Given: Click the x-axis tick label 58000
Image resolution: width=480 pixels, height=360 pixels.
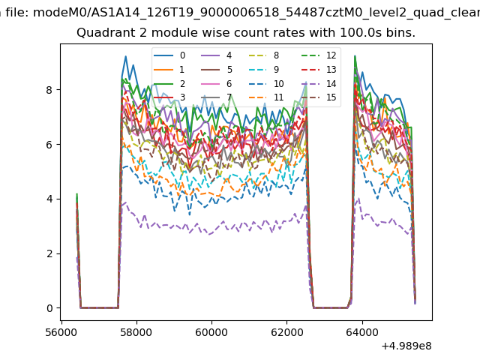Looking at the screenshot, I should click(136, 330).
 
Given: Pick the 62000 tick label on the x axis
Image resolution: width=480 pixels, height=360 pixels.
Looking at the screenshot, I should click(286, 330).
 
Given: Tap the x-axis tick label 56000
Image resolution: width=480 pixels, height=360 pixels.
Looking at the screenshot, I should click(61, 330).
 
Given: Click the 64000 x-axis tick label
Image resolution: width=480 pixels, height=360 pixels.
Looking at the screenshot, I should click(361, 330).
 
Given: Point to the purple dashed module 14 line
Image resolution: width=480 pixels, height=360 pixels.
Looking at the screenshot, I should click(225, 228).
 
